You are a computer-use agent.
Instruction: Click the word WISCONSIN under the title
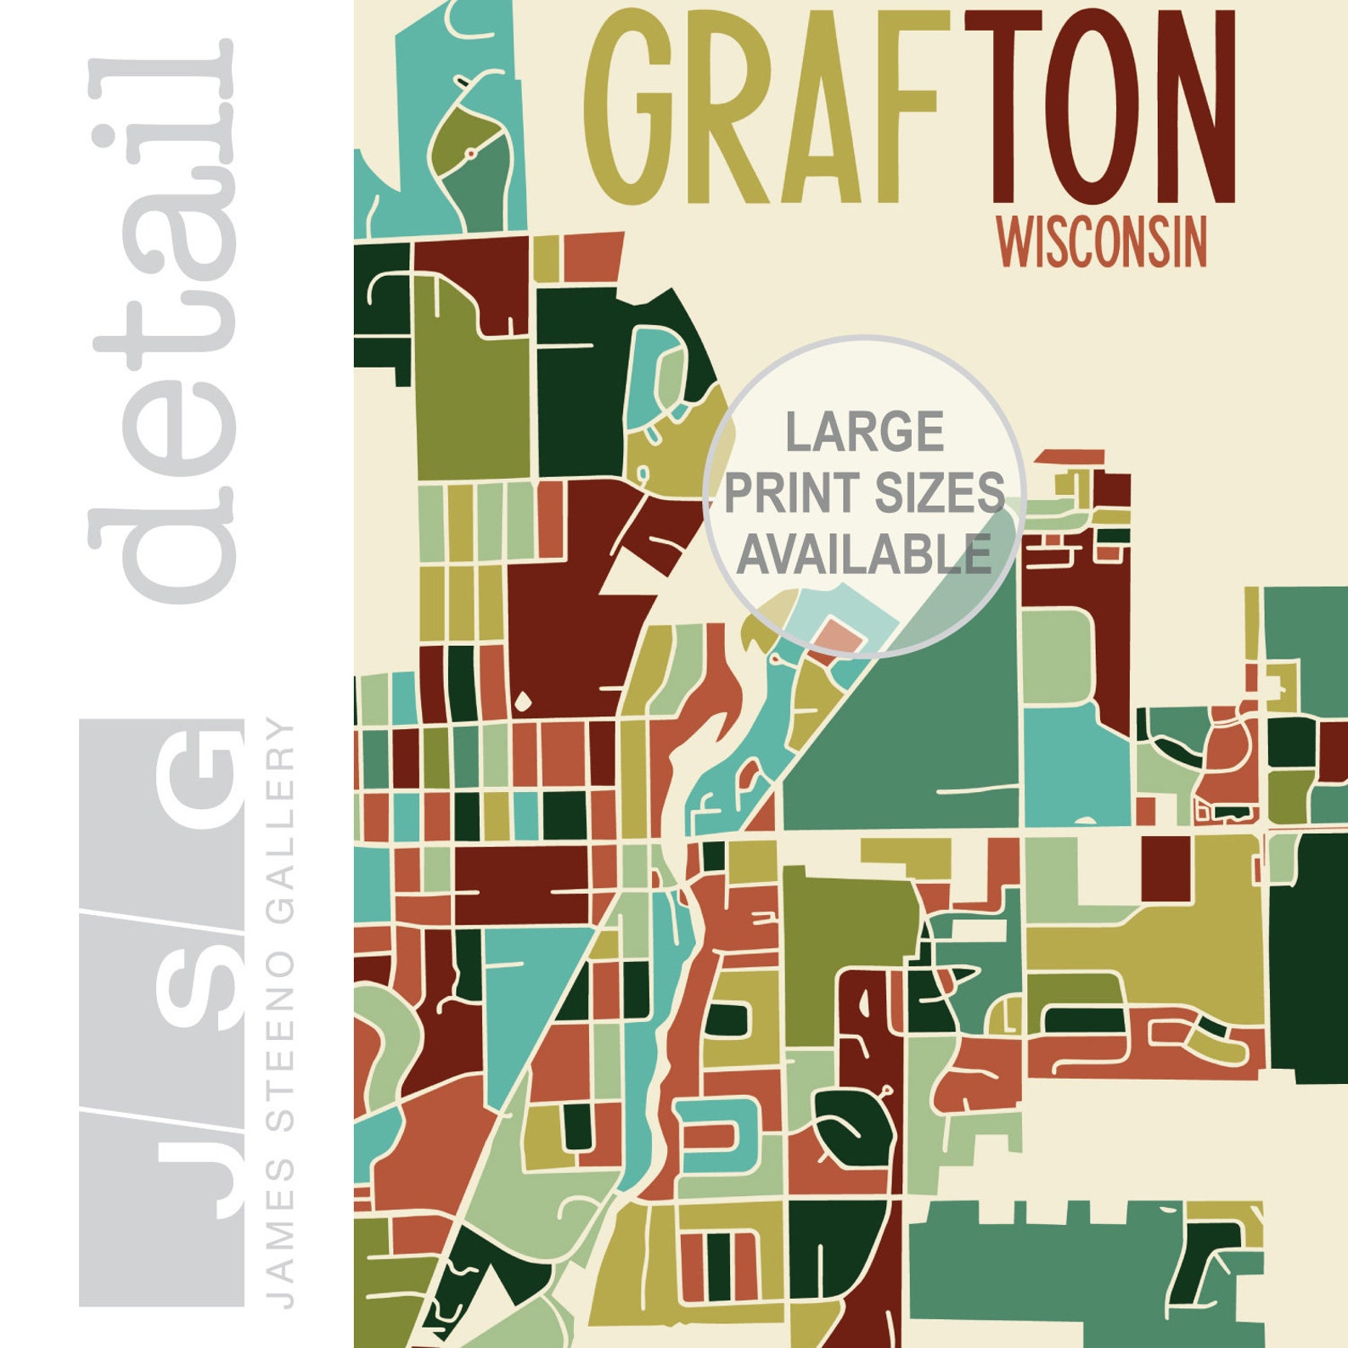pyautogui.click(x=1104, y=242)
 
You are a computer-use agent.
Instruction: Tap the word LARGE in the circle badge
pyautogui.click(x=864, y=431)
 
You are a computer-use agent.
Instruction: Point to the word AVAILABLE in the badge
pyautogui.click(x=864, y=554)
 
